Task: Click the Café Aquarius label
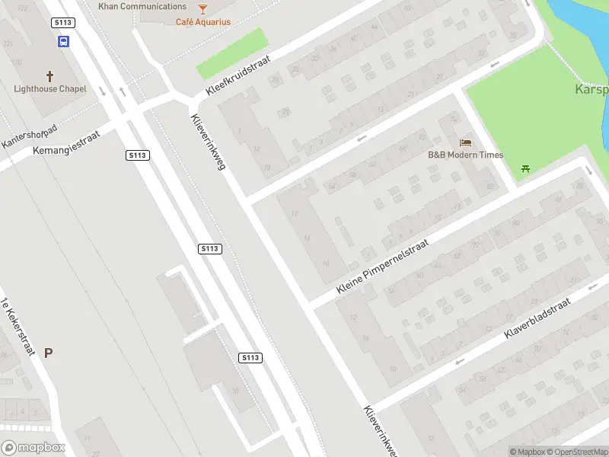[x=203, y=22]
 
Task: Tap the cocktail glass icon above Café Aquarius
[x=202, y=8]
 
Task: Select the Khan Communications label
[x=142, y=6]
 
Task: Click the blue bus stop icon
[x=63, y=42]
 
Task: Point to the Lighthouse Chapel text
[x=50, y=89]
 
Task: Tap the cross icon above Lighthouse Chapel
[x=50, y=76]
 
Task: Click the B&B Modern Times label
[x=465, y=155]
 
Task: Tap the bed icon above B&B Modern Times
[x=465, y=142]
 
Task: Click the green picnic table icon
[x=525, y=168]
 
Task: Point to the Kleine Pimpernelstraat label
[x=384, y=267]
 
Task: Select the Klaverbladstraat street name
[x=537, y=319]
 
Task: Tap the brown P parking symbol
[x=48, y=353]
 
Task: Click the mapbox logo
[x=33, y=448]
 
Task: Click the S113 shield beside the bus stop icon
[x=63, y=23]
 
